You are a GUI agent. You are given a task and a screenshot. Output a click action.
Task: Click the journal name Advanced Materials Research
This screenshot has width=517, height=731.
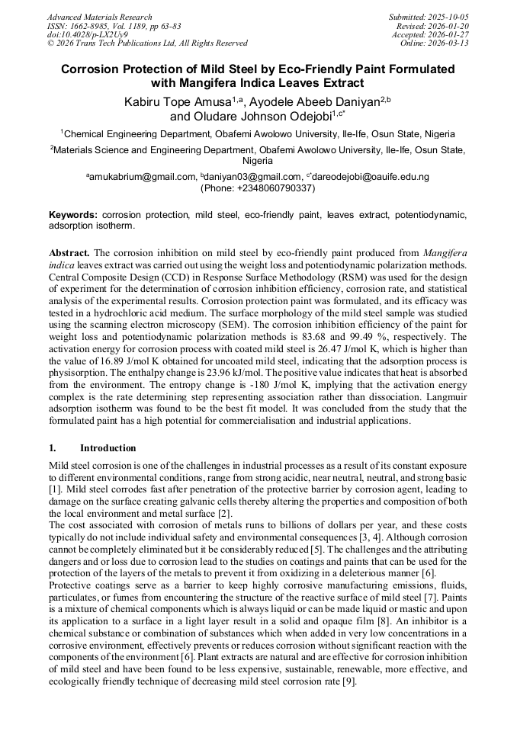(x=99, y=17)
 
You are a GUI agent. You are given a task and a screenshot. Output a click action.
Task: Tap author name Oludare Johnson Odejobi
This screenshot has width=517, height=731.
(x=255, y=117)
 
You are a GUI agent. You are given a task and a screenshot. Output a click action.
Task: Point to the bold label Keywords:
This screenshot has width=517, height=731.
(x=73, y=216)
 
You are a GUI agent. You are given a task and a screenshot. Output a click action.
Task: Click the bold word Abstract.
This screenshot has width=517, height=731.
(x=69, y=252)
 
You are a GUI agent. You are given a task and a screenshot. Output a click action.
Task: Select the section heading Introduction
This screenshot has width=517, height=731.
(x=108, y=448)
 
